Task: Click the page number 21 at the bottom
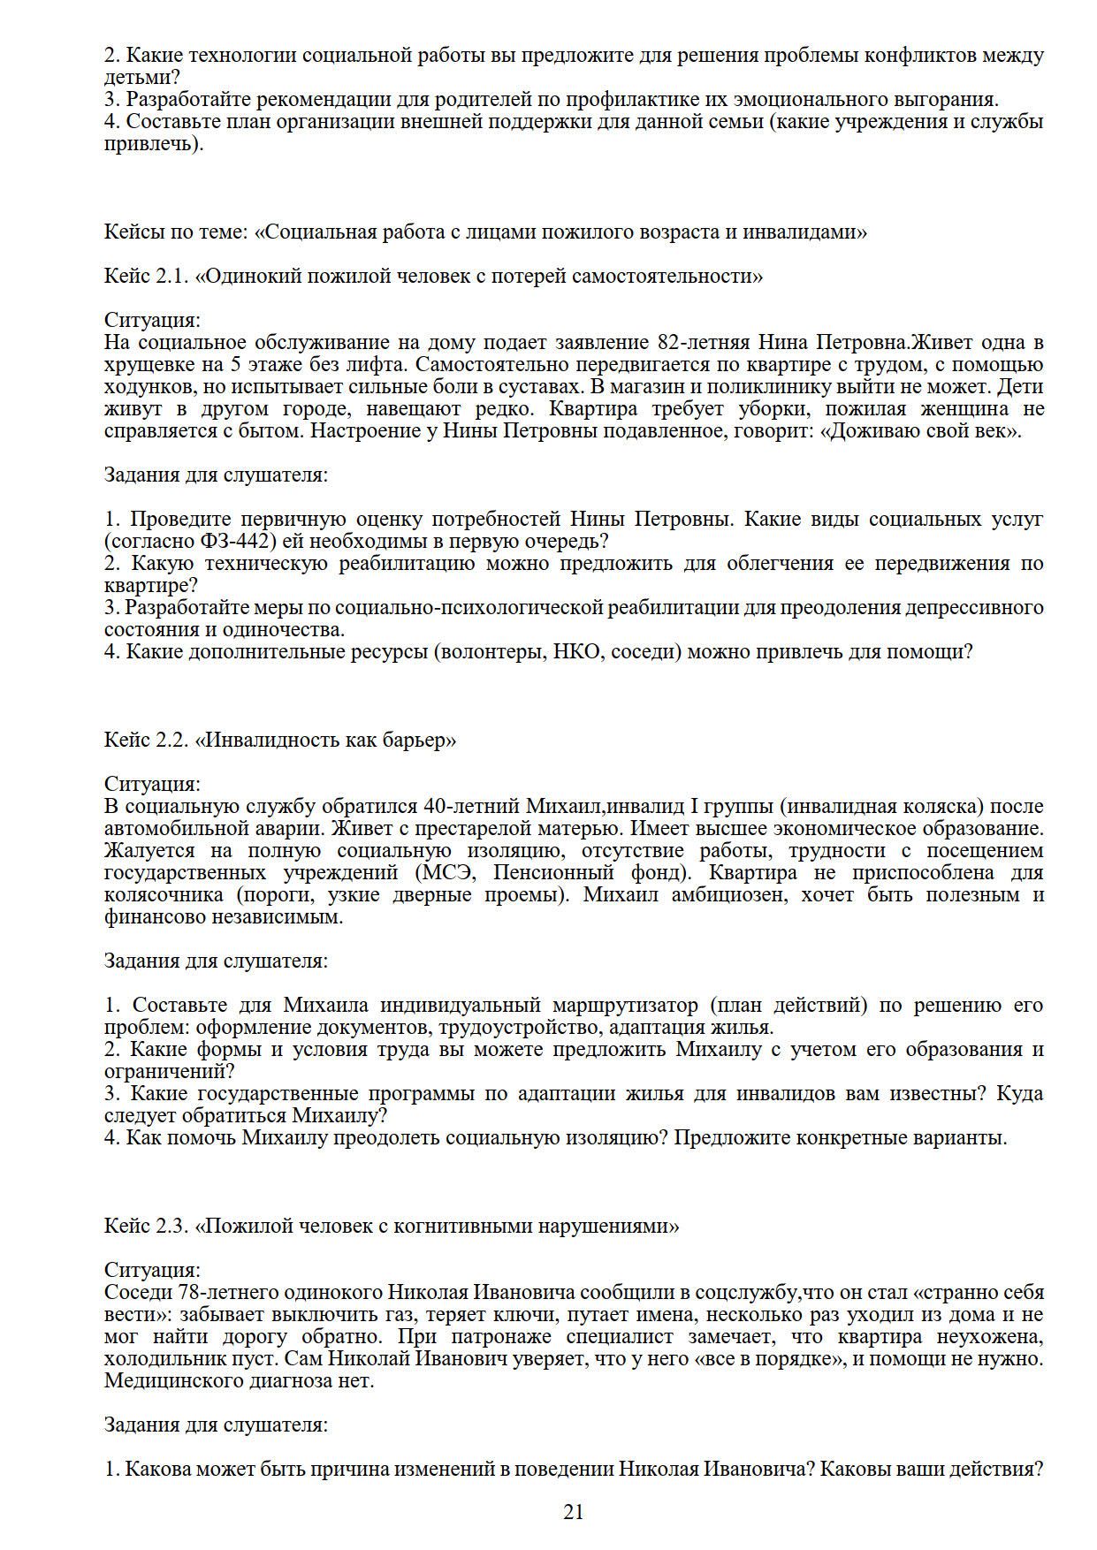[573, 1512]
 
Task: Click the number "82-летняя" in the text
[705, 343]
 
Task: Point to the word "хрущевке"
[145, 365]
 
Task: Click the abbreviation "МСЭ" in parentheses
[446, 873]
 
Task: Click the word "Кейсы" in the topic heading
[133, 232]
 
